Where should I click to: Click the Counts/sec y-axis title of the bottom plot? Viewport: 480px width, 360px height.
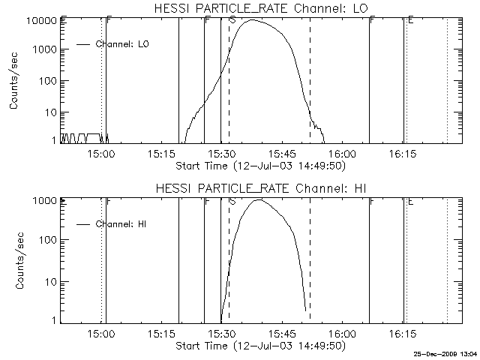click(14, 259)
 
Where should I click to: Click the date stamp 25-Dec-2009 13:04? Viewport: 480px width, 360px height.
click(446, 353)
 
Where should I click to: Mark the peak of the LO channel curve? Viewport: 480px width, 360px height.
click(253, 20)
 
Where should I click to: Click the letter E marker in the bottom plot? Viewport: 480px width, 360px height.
click(410, 202)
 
